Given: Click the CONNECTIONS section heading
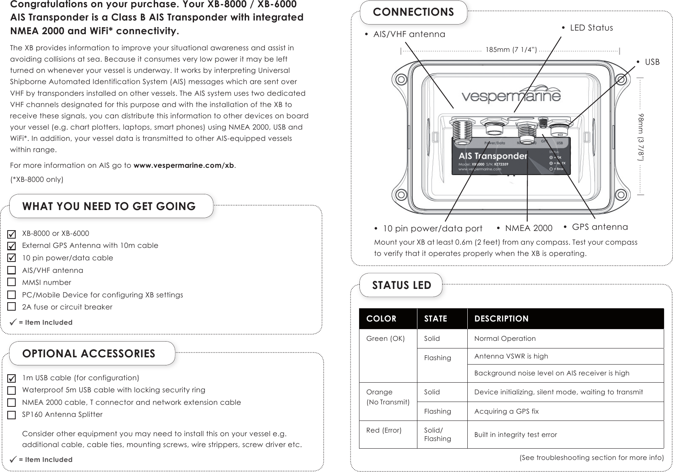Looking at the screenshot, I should (413, 12).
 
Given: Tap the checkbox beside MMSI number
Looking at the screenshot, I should (12, 282).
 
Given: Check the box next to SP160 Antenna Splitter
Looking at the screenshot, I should (12, 414).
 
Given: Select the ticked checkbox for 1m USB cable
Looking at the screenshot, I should (12, 378).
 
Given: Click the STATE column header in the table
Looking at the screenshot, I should (436, 319).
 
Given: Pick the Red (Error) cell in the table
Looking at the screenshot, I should (384, 430).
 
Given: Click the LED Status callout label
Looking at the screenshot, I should (591, 28).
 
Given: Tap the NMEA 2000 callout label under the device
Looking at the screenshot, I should (528, 229).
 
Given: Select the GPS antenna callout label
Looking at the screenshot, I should (600, 227).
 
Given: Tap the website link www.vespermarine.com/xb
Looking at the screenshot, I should (184, 166).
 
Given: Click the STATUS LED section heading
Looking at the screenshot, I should (401, 285).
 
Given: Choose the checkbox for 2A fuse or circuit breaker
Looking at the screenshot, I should (12, 307).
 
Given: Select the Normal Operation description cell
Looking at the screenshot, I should (505, 338).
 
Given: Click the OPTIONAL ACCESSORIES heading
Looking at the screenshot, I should (89, 354).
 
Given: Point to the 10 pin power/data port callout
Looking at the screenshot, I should (432, 229).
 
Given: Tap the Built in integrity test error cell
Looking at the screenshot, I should (515, 435).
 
